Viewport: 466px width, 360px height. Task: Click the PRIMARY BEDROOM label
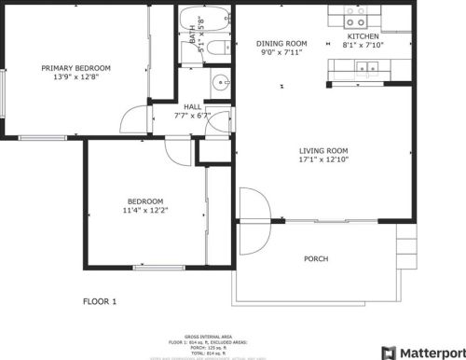click(x=75, y=68)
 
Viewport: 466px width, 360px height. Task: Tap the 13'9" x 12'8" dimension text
click(x=75, y=78)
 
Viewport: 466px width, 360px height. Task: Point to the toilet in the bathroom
click(x=216, y=48)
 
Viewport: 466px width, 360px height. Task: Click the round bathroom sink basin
click(x=221, y=82)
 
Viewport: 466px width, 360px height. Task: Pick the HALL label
click(x=193, y=107)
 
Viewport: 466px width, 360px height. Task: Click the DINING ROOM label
click(x=281, y=43)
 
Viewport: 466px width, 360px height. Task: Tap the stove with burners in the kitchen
click(x=356, y=16)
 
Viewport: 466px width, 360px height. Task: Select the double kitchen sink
click(x=369, y=67)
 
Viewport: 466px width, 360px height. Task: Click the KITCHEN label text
click(x=363, y=36)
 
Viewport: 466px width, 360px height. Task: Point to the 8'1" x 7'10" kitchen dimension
click(x=363, y=46)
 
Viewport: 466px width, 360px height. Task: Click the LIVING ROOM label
click(x=323, y=151)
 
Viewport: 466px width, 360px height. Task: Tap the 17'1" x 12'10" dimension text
click(x=323, y=160)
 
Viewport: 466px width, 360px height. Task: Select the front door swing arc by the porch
click(x=254, y=206)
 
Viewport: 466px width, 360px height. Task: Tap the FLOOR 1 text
click(x=100, y=301)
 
